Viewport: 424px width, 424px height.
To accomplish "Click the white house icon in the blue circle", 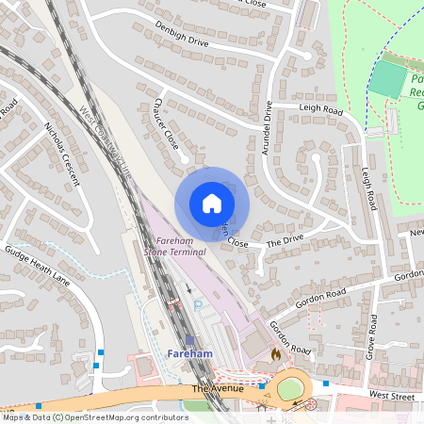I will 211,204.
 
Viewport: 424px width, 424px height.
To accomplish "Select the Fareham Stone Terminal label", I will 174,247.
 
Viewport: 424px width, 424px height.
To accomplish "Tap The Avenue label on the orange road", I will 217,389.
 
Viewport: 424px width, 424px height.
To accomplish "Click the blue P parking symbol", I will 198,307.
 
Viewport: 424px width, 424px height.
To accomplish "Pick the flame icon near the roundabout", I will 274,354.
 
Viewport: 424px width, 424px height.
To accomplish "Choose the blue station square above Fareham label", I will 189,340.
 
